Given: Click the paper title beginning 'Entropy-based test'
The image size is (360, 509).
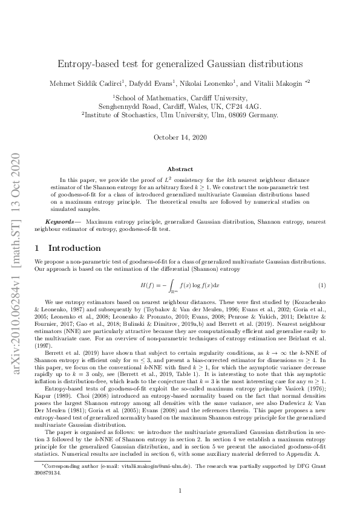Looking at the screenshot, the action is coord(180,63).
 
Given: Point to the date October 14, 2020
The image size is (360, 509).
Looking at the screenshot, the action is coord(180,137).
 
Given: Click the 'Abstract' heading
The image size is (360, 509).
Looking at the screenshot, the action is coord(180,169).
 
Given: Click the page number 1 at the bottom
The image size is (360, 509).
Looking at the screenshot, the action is coord(180,490).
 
